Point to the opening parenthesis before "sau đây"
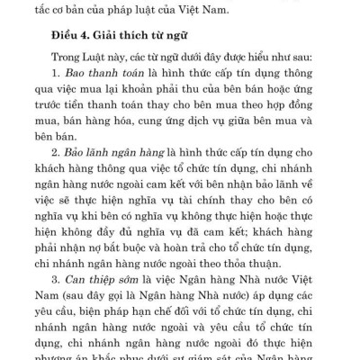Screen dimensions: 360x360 tap(65, 315)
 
